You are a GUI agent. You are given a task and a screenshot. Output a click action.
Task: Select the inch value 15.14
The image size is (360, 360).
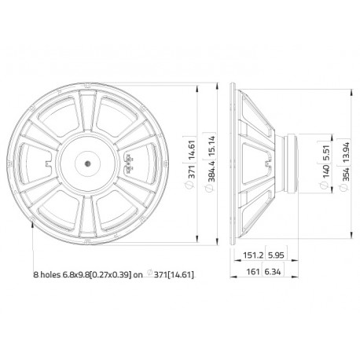[208, 145]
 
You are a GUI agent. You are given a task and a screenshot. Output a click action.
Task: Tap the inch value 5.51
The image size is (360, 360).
[325, 149]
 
